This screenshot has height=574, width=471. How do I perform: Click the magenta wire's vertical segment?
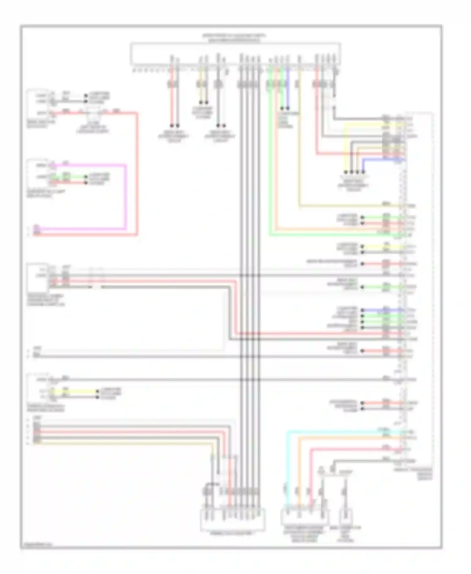(126, 196)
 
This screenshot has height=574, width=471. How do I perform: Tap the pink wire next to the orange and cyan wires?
(311, 471)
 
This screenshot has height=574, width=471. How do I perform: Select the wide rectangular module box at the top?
(235, 54)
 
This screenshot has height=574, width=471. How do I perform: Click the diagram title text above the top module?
(234, 38)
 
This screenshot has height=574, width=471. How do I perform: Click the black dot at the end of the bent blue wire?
(363, 172)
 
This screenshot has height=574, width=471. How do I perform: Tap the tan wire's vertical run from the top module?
(299, 141)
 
